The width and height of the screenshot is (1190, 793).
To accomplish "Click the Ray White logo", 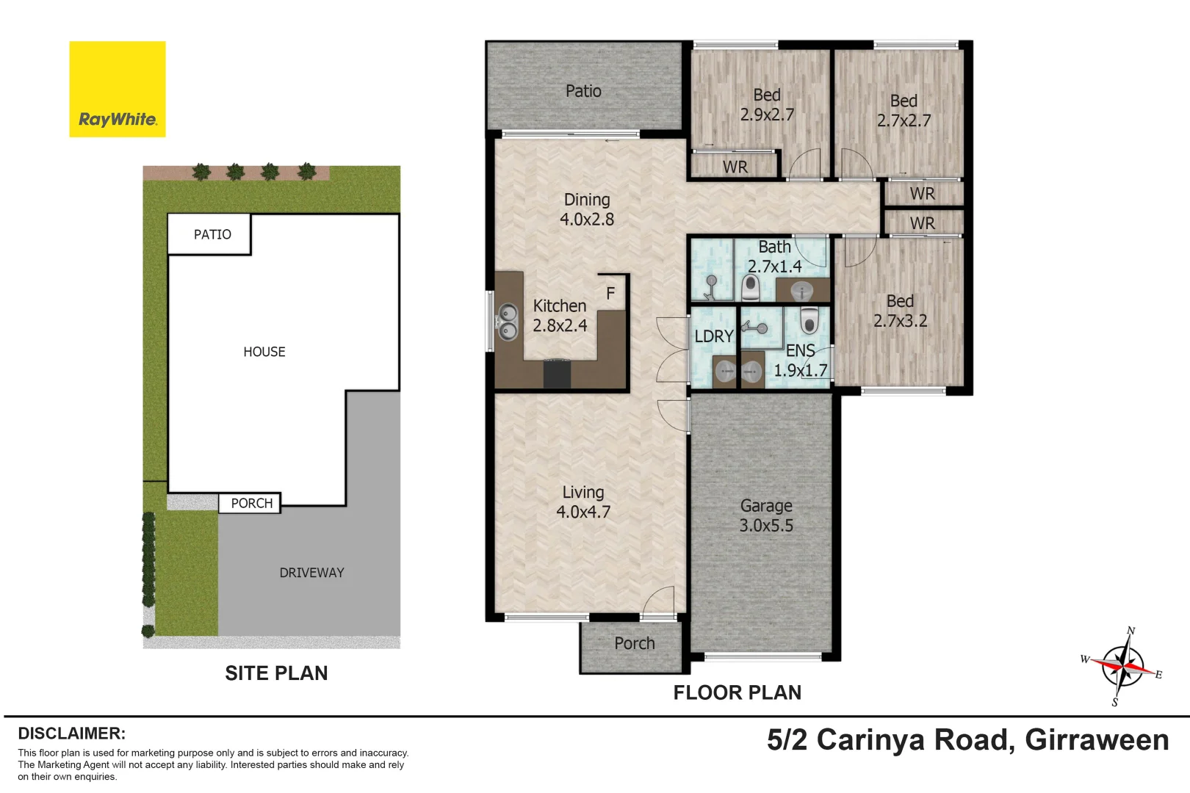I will click(x=117, y=89).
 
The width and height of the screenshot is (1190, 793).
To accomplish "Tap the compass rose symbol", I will click(x=1122, y=666).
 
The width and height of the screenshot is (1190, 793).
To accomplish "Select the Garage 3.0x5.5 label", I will click(x=766, y=515).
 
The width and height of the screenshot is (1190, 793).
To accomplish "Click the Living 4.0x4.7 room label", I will click(x=583, y=502).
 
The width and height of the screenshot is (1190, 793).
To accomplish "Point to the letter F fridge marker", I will click(x=610, y=294).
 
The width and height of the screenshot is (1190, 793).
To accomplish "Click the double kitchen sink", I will click(x=508, y=322).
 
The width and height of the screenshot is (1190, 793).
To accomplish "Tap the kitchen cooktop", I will click(x=557, y=374).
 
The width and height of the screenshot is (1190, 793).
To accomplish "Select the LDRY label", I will click(x=713, y=336).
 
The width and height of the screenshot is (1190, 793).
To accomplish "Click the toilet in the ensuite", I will click(x=809, y=321).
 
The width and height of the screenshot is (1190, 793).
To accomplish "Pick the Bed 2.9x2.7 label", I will click(x=767, y=104).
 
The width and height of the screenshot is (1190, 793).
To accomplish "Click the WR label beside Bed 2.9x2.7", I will click(x=735, y=167).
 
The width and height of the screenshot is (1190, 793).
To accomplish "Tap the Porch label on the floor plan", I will click(x=634, y=643).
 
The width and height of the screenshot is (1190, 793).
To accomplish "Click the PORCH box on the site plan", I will click(x=250, y=503).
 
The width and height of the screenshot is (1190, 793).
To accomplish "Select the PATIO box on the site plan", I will click(x=212, y=234).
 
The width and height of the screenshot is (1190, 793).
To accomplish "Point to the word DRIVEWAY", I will click(x=311, y=573).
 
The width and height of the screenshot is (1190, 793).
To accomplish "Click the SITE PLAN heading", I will click(x=276, y=673).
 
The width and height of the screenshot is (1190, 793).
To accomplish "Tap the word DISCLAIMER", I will click(x=71, y=733).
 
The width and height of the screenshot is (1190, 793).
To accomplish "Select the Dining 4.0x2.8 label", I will click(x=586, y=209).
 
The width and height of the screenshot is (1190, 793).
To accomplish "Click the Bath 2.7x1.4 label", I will click(x=774, y=256).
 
